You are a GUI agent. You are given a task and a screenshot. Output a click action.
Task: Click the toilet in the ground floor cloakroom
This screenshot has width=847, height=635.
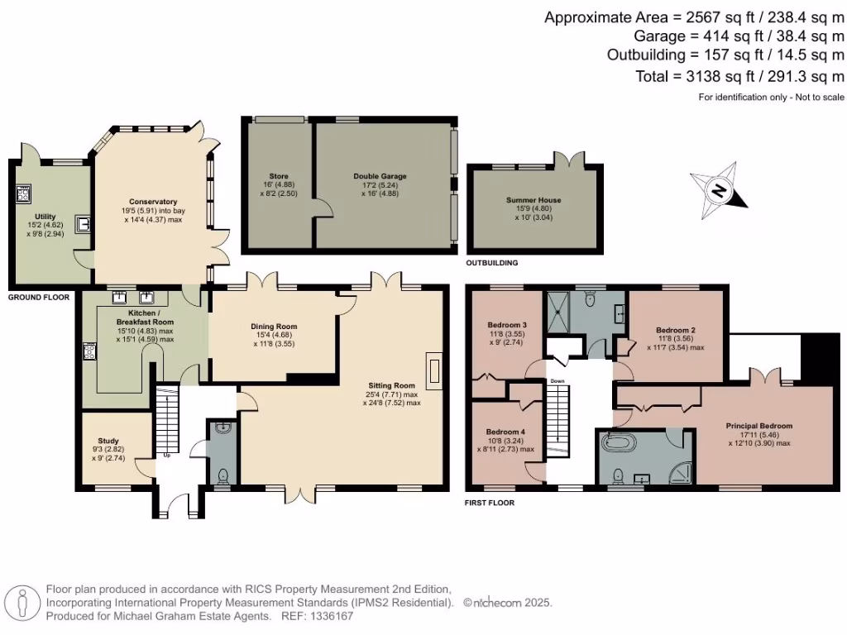pyautogui.click(x=222, y=476)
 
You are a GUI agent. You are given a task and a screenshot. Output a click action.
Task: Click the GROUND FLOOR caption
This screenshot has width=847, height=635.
pyautogui.click(x=38, y=296)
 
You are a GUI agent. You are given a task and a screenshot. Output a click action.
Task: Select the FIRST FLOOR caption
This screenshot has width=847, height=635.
pyautogui.click(x=490, y=503)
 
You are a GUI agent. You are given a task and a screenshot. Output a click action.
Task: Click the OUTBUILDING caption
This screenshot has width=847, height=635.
pyautogui.click(x=492, y=263)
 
